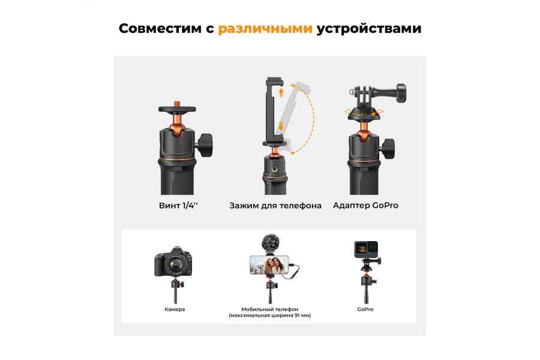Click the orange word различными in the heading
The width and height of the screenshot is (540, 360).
pos(265,29)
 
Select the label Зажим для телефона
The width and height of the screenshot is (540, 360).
pos(275,205)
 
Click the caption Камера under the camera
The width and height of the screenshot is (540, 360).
pos(175,309)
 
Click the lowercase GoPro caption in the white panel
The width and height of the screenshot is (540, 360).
pos(365,309)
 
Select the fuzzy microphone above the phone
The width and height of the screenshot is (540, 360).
pos(269,244)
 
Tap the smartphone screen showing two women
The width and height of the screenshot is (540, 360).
pos(269,264)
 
